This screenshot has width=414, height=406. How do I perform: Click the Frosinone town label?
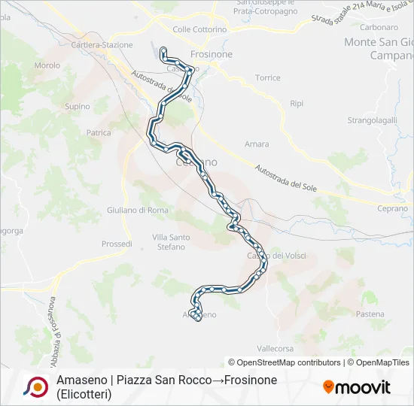pos(212,55)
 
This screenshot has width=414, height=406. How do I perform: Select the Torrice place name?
pos(267,77)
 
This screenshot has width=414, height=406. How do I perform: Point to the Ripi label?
pos(297,102)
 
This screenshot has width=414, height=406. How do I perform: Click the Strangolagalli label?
pos(372,120)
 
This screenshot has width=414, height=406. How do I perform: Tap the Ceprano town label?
pos(392,208)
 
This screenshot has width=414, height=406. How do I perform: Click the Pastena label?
pos(370,314)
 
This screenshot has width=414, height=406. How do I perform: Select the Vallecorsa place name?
pos(275,349)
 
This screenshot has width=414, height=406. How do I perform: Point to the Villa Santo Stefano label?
pos(171,241)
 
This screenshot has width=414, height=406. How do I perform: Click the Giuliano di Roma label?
pos(138,210)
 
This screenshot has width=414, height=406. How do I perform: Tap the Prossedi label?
pos(117,244)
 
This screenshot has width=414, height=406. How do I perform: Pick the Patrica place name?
pos(99,132)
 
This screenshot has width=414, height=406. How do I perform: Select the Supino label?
pos(77,107)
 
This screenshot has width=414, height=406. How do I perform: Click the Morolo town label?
pos(47,65)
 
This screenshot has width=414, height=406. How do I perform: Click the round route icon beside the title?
pos(35,386)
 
